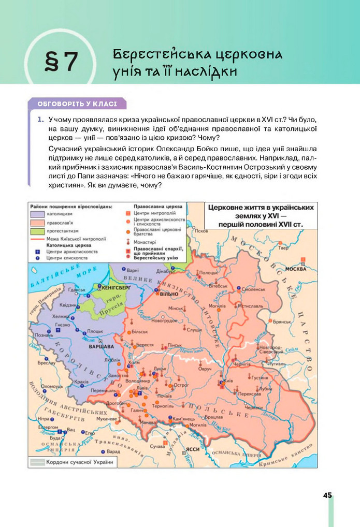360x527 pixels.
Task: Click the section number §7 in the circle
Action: pyautogui.click(x=61, y=62)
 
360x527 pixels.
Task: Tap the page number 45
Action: pyautogui.click(x=327, y=495)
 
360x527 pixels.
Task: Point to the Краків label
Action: pyautogui.click(x=82, y=382)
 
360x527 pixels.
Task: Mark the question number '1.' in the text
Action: pyautogui.click(x=39, y=120)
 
